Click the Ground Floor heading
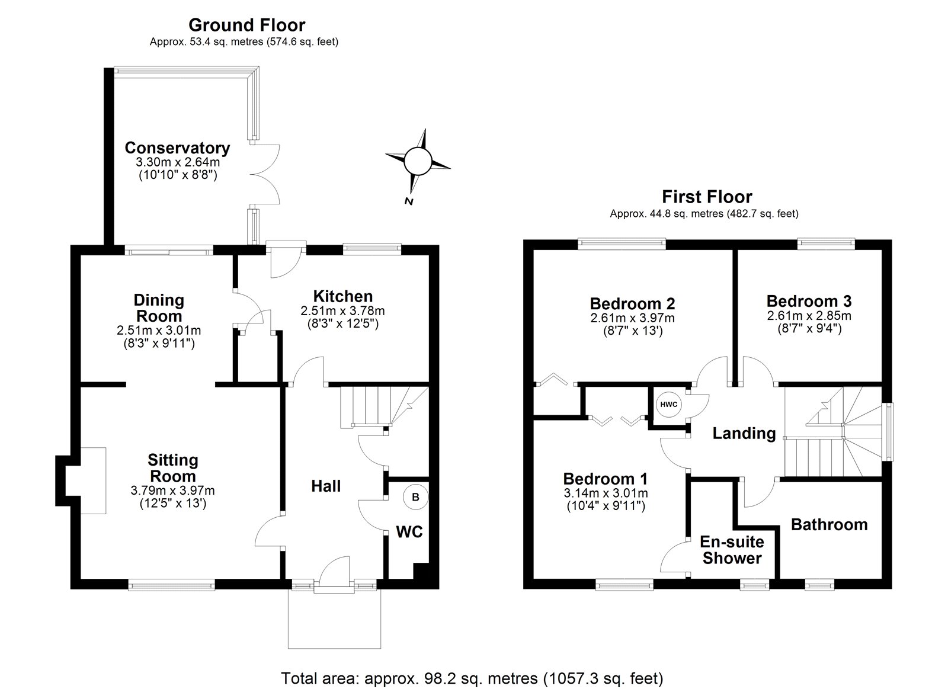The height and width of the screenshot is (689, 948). point(246,25)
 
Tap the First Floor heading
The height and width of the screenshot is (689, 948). point(707,197)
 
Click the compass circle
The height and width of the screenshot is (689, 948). point(417,160)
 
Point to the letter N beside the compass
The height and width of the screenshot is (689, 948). point(408,201)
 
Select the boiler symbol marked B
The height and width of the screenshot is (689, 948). point(415,498)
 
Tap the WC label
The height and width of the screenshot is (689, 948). point(409,532)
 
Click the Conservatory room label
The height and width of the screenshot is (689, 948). point(177,148)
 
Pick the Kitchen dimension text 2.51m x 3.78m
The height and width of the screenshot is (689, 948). point(342,311)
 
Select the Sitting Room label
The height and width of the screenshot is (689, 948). point(173,468)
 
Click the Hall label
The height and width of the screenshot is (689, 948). point(326,486)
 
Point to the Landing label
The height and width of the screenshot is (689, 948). point(744,434)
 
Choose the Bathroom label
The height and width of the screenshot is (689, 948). point(829,525)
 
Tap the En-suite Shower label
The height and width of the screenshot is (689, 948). point(732,550)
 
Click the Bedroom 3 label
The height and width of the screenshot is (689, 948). point(809,301)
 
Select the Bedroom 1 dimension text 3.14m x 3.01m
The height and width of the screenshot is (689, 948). point(605,493)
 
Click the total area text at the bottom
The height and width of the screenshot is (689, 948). point(472,678)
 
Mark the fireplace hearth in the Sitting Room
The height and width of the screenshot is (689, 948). point(93,480)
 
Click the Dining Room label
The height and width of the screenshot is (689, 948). point(158,308)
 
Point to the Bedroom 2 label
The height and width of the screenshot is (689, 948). point(632,304)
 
